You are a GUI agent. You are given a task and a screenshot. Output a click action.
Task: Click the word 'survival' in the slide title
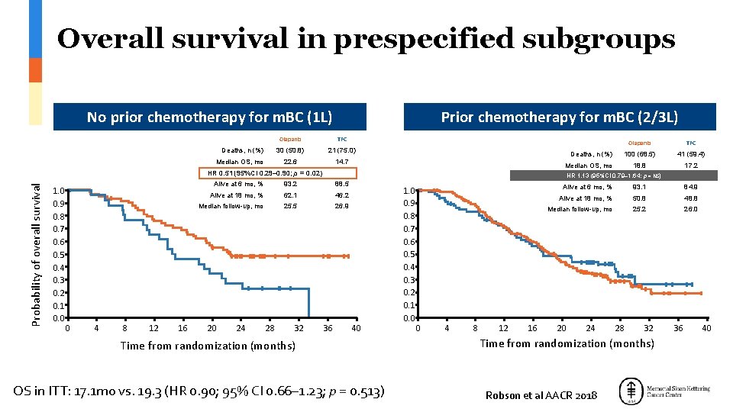273,39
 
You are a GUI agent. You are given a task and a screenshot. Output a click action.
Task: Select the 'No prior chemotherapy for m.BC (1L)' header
209,117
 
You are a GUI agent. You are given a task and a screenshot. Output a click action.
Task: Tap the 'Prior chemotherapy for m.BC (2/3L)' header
560,117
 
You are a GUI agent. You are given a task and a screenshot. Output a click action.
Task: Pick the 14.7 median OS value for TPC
341,162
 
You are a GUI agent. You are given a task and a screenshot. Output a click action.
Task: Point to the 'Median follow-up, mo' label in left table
231,206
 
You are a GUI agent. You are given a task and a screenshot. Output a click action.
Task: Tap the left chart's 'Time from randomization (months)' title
208,346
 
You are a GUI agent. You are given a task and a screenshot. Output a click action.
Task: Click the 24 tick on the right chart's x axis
590,328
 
